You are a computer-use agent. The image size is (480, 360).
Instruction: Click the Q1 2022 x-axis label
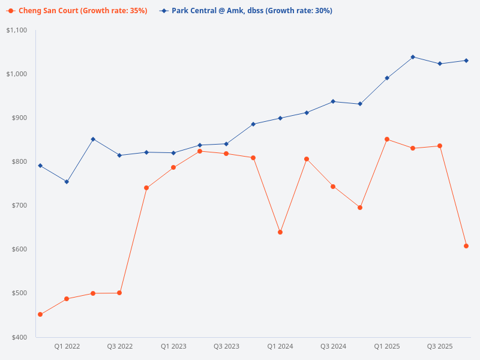(67, 346)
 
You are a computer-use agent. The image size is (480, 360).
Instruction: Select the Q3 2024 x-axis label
(333, 346)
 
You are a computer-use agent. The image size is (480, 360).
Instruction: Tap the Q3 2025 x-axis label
(440, 346)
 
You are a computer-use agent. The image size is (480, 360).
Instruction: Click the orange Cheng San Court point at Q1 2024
(280, 232)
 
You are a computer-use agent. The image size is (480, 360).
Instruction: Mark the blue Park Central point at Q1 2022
(67, 182)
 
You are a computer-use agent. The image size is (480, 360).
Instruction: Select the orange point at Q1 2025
(387, 139)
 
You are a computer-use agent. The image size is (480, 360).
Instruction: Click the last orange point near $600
(466, 246)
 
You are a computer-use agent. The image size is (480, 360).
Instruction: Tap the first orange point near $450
(40, 314)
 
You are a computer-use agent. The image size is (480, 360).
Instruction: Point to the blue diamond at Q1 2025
(387, 78)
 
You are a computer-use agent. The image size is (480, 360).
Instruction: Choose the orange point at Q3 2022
(119, 293)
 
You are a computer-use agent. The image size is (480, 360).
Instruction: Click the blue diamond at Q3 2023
(226, 144)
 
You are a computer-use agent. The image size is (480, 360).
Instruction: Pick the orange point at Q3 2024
(333, 187)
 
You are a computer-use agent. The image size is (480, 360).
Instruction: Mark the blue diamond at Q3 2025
(440, 64)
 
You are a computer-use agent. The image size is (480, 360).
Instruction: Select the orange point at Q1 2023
(173, 167)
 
